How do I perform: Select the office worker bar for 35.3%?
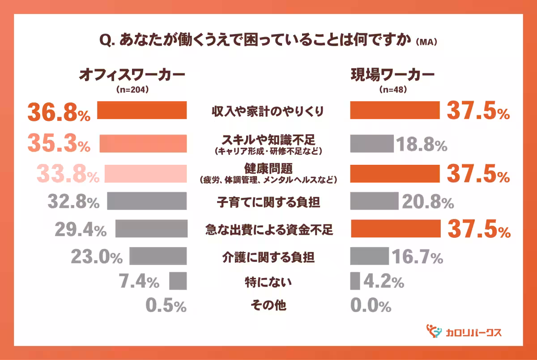coord(143,143)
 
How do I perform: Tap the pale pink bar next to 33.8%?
coord(145,174)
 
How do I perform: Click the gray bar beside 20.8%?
coord(374,201)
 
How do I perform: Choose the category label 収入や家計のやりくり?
coord(268,111)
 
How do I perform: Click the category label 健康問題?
coord(268,168)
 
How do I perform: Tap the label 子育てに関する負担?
coord(268,202)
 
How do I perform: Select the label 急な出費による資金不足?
coord(268,230)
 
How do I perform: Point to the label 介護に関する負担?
coord(268,257)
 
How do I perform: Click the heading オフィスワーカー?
coord(132,75)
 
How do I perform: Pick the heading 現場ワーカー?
coord(392,75)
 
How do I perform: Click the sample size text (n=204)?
coord(132,89)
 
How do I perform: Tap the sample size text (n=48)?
coord(392,89)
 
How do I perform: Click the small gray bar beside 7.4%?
coord(178,281)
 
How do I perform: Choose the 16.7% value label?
coord(418,257)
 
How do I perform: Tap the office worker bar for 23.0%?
coord(158,256)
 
